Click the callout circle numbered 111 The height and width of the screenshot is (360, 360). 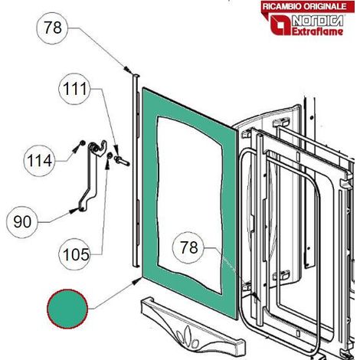[74, 89]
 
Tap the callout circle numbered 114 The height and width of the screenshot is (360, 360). [39, 161]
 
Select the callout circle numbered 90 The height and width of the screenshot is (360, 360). [22, 222]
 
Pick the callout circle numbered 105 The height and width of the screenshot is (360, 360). [74, 254]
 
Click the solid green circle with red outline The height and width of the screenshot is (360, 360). [67, 309]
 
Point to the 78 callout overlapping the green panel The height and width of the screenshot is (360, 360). [188, 247]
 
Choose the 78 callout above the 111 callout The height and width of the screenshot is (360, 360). [52, 28]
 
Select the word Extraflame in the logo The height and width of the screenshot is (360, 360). [317, 31]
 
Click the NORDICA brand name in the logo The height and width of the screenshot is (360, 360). [317, 21]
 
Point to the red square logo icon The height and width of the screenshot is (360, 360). [281, 25]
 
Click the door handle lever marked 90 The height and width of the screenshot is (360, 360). [90, 176]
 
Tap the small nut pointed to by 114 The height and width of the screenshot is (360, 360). [82, 142]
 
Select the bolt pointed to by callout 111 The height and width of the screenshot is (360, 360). [122, 161]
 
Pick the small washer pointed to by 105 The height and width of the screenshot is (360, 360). [110, 155]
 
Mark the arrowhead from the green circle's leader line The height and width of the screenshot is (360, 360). [137, 281]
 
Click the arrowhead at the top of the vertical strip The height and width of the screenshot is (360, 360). [128, 70]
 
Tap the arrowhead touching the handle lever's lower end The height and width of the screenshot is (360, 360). [75, 211]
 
